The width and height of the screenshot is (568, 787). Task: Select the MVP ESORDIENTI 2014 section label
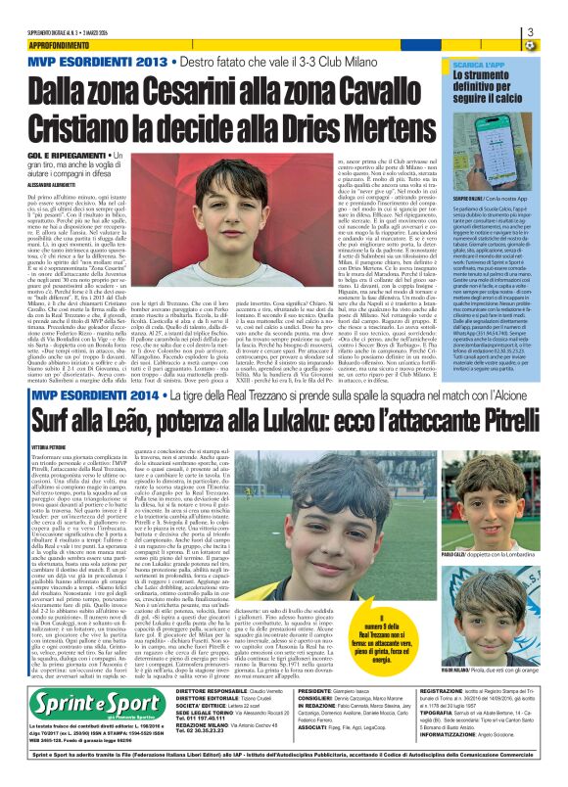[x=82, y=423]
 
